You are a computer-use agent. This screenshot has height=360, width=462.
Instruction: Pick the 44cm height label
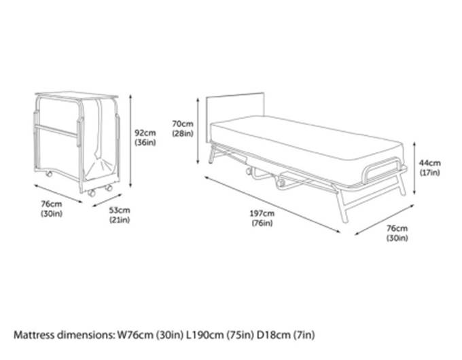(429, 167)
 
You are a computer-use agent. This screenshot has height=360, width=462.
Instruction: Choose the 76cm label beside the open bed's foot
(397, 232)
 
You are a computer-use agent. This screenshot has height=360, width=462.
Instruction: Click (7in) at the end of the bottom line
(303, 335)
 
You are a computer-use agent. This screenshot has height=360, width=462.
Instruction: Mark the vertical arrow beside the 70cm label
(197, 130)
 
